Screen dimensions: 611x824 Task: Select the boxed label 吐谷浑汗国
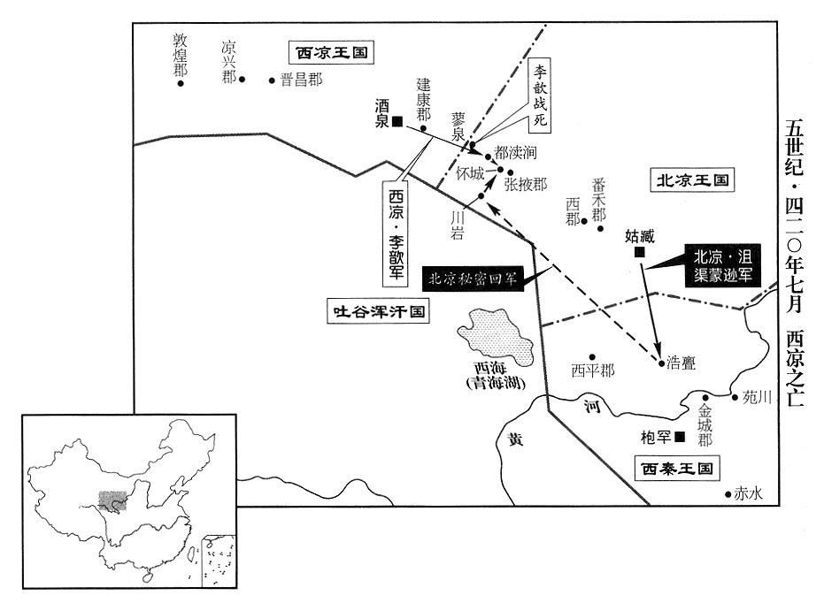click(x=376, y=311)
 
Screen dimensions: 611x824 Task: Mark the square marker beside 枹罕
click(x=680, y=436)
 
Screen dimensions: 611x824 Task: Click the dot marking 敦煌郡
click(x=181, y=84)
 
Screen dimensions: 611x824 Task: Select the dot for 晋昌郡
click(x=273, y=80)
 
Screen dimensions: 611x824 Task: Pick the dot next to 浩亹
click(x=660, y=362)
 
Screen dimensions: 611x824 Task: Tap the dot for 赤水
click(x=728, y=495)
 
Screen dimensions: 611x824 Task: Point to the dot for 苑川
click(x=735, y=397)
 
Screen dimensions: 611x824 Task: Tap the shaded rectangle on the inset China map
click(x=112, y=500)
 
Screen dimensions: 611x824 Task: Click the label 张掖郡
click(x=525, y=184)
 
